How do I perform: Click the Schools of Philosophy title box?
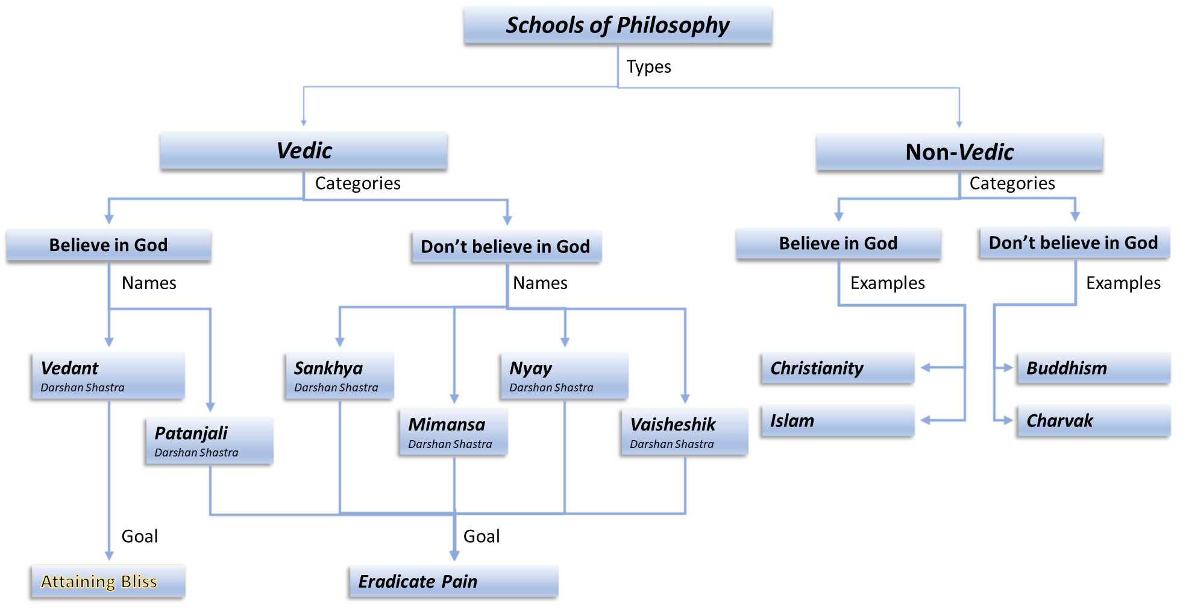(x=617, y=25)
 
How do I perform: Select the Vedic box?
(x=303, y=150)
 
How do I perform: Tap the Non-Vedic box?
(x=959, y=152)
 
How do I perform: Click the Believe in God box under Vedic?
(x=108, y=244)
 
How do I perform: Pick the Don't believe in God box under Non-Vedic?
(x=1075, y=243)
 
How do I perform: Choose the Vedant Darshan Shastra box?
(x=108, y=375)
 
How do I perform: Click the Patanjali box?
(x=210, y=440)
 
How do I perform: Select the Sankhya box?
(x=340, y=375)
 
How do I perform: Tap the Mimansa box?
(x=454, y=431)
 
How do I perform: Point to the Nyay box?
(x=565, y=375)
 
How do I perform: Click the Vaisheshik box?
(x=685, y=431)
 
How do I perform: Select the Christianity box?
(x=838, y=368)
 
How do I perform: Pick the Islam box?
(x=838, y=420)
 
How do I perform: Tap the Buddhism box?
(x=1094, y=368)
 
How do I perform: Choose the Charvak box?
(x=1094, y=420)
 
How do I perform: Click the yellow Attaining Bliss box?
(x=108, y=581)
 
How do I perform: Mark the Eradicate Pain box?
(x=454, y=581)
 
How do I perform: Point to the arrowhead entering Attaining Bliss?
(x=109, y=555)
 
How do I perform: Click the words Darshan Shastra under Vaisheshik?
(x=671, y=444)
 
